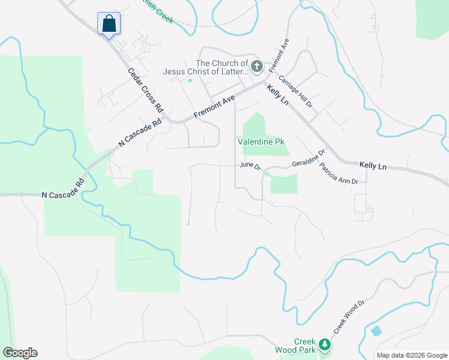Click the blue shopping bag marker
[x=109, y=24]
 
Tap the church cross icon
[x=257, y=66]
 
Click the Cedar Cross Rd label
[x=146, y=90]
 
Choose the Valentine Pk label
[x=261, y=142]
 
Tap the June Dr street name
[x=250, y=165]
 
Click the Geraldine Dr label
[x=308, y=158]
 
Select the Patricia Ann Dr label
[x=338, y=173]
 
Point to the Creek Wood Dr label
[x=349, y=317]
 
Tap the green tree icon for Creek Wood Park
[x=325, y=344]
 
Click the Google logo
[x=20, y=353]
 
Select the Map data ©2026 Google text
[x=411, y=355]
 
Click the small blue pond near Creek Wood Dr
[x=376, y=331]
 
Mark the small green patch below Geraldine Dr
[x=284, y=184]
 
